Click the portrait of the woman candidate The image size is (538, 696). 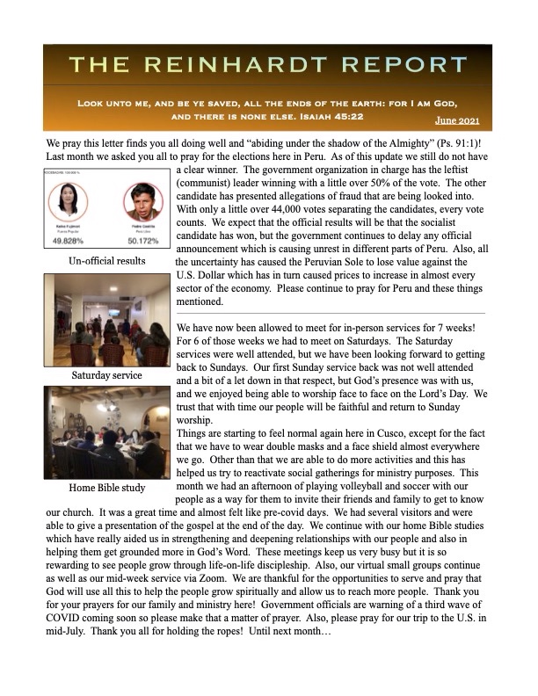[76, 203]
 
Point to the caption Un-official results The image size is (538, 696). [106, 261]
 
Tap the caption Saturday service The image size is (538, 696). [106, 375]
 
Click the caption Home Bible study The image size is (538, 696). [106, 489]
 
